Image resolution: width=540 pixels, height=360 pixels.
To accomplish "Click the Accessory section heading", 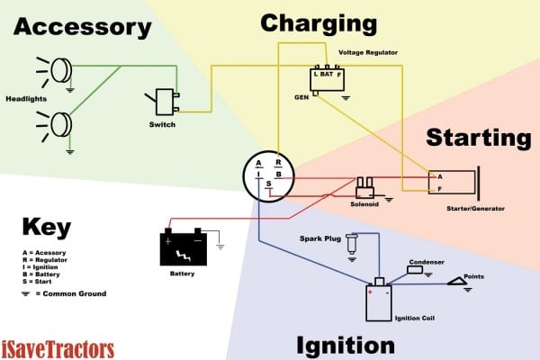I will (x=82, y=28).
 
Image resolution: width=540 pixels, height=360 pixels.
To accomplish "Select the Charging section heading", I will (x=318, y=22).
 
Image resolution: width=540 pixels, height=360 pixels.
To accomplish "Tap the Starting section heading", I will (x=477, y=138).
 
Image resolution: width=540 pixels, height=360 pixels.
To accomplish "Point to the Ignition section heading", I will (x=344, y=345).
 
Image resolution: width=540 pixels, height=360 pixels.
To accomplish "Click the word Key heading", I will (x=45, y=226).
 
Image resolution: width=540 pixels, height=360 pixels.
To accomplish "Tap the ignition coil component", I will (x=379, y=301).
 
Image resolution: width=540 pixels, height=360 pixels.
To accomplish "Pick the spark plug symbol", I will (x=351, y=242).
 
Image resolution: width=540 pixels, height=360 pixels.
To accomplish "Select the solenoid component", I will (x=365, y=186).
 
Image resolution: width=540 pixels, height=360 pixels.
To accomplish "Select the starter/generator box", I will (x=454, y=183).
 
